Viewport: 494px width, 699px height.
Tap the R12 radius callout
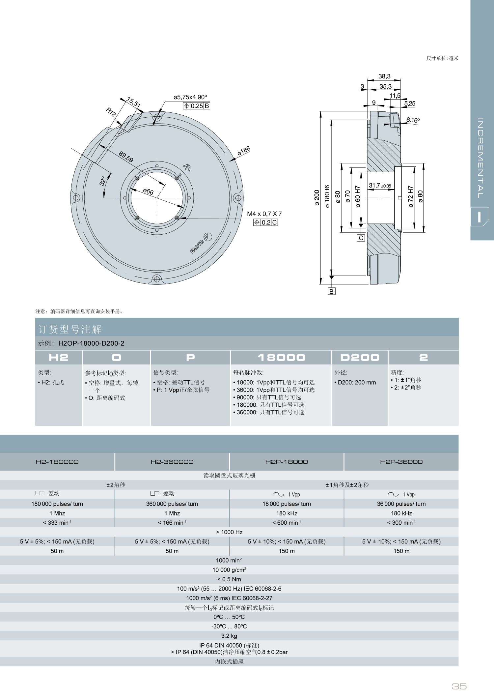(x=111, y=112)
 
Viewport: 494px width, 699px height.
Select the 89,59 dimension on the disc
(x=126, y=157)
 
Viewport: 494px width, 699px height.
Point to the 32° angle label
(x=102, y=181)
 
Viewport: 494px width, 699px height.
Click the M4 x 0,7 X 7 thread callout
(x=264, y=214)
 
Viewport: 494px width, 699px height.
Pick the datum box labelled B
(x=331, y=291)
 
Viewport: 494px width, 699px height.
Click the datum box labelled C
(x=361, y=238)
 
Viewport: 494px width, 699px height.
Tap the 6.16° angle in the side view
(x=413, y=120)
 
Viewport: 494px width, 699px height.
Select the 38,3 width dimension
(x=384, y=76)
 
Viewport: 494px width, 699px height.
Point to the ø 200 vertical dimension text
(x=317, y=198)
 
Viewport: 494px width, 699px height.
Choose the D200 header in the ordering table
(x=360, y=358)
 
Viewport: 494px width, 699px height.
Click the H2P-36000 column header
(x=401, y=462)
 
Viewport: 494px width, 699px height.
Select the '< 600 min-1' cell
(x=287, y=523)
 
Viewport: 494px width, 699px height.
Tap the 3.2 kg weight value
(x=229, y=636)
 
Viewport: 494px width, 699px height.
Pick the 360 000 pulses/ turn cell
(x=172, y=504)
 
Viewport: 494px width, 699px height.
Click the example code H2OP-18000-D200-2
(x=91, y=343)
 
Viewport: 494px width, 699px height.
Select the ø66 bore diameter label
(x=148, y=191)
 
